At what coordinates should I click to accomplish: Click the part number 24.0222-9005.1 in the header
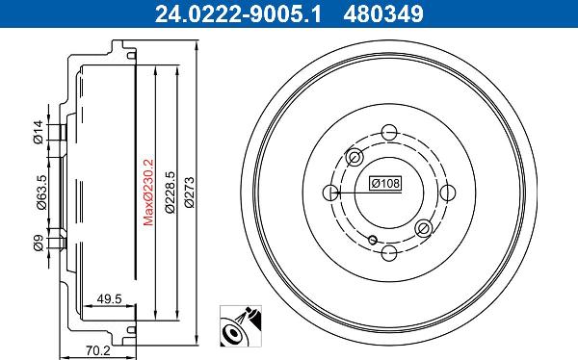point(238,14)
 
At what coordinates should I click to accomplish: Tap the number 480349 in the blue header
point(383,14)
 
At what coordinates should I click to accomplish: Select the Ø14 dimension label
point(39,132)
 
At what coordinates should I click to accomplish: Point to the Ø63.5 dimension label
point(41,193)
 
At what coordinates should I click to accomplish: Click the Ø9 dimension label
point(39,244)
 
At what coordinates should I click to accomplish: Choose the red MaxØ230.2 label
point(148,192)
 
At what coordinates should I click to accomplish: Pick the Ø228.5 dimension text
point(170,192)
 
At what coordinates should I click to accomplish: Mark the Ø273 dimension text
point(189,193)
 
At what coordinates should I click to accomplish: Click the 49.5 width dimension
point(109,298)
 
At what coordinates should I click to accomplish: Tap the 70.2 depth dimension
point(98,350)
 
